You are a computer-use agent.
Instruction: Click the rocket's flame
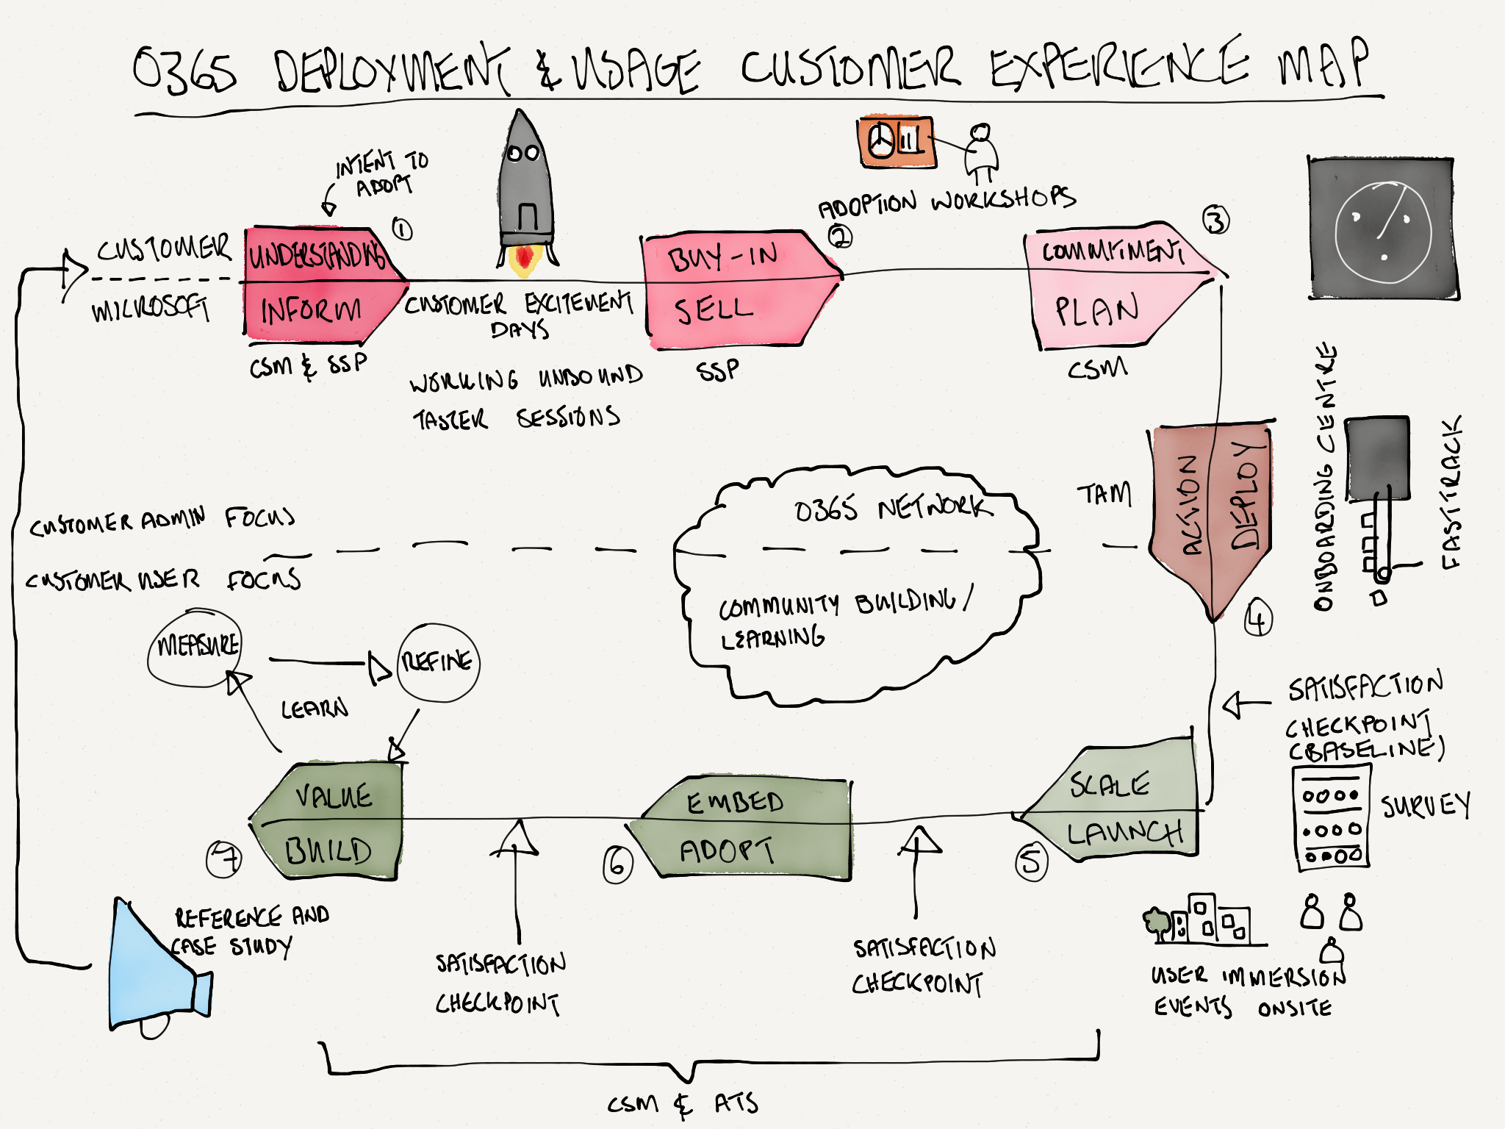pos(524,260)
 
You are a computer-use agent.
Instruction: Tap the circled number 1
pos(401,229)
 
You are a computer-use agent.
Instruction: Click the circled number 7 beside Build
pos(223,859)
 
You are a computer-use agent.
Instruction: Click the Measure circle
pos(195,647)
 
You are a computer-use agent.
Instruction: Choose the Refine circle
pos(438,662)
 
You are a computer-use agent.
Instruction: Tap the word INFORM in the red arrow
pos(312,311)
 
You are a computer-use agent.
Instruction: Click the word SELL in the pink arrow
pos(714,310)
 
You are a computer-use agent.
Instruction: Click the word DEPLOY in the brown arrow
pos(1246,495)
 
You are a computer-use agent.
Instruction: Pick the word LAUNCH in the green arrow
pos(1124,834)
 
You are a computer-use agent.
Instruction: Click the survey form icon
pos(1332,817)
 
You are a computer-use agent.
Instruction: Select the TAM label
pos(1104,495)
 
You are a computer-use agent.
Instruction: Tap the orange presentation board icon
pos(896,142)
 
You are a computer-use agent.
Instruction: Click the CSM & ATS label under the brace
pos(682,1104)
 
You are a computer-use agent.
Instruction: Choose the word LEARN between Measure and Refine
pos(315,709)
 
